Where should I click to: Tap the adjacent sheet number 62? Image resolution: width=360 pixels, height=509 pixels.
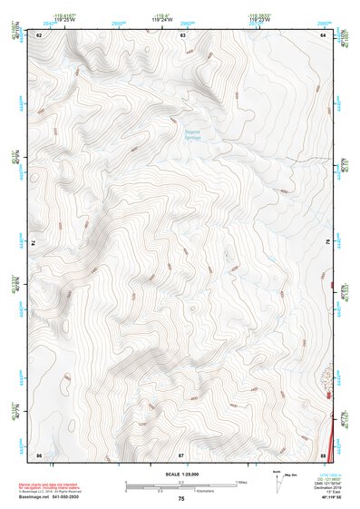(40, 34)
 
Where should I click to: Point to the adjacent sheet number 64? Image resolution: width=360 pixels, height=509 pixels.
(323, 34)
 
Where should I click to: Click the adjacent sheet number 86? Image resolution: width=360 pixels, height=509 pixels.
(39, 454)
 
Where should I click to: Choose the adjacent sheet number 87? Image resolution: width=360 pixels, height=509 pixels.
(181, 454)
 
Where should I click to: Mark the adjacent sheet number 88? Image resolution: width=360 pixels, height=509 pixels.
(323, 454)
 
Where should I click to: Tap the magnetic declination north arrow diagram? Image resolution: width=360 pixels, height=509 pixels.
(277, 477)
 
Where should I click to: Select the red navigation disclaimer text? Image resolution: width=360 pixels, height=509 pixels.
(50, 487)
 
